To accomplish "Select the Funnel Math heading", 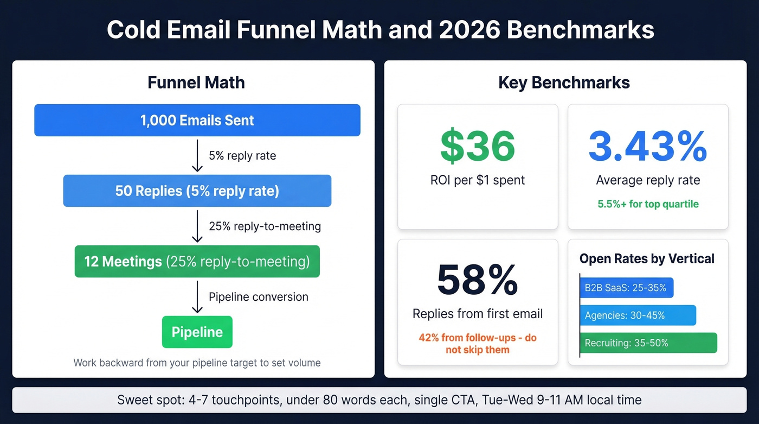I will click(x=196, y=83).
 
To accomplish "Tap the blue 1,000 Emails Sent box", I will click(x=197, y=120).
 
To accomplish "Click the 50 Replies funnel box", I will click(x=197, y=191).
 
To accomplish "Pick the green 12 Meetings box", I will click(x=197, y=262).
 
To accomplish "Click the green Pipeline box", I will click(x=197, y=332).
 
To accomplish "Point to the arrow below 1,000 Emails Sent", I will click(x=197, y=155).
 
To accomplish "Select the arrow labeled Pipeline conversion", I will click(x=197, y=297).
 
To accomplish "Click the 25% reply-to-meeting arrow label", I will click(x=265, y=226).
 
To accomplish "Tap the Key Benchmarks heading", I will click(x=564, y=83).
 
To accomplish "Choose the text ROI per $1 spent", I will click(x=478, y=180).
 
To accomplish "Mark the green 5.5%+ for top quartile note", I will click(x=648, y=204).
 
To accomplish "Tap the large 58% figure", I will click(x=478, y=280).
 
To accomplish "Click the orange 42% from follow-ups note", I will click(x=478, y=344).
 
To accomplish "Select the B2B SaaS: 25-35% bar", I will click(x=627, y=288).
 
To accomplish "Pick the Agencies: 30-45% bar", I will click(x=638, y=315).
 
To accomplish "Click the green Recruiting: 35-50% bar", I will click(x=648, y=343).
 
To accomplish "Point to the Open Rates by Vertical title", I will click(x=647, y=259).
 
